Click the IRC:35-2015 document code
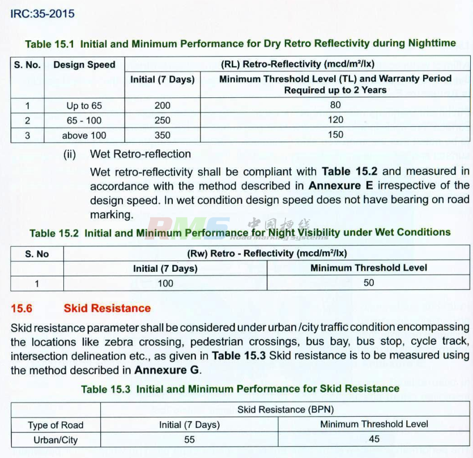point(42,13)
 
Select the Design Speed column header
point(84,65)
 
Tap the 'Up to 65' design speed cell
point(84,105)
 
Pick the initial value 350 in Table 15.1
point(162,135)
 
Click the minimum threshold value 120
point(335,120)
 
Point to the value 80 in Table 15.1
point(335,105)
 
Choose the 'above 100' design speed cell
point(84,135)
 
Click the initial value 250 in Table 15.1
point(162,120)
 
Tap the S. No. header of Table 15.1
point(27,65)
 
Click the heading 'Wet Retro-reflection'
point(140,154)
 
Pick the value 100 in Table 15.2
point(165,282)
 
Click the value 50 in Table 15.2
point(369,282)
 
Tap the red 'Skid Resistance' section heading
point(107,308)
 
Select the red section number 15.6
point(22,308)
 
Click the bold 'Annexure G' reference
point(167,370)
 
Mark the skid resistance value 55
point(189,439)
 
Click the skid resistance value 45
point(374,439)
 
